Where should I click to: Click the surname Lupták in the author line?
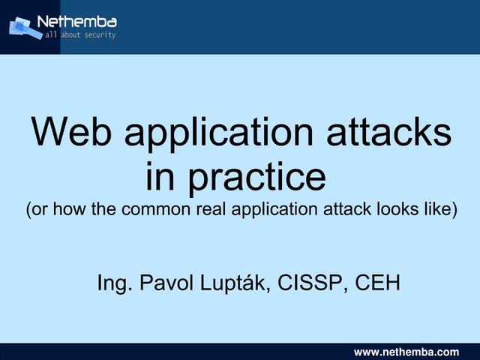[x=239, y=283]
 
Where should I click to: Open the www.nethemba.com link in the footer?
[x=406, y=352]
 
